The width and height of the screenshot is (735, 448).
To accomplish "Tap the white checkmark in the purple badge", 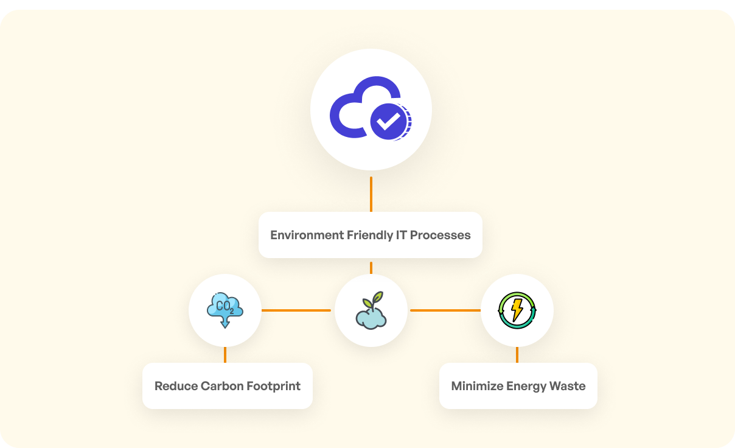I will coord(388,121).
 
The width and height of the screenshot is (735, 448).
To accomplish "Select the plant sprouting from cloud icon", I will coord(371,311).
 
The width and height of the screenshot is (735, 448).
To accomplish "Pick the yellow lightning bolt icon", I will coord(517,310).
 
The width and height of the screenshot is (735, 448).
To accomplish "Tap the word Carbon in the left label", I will coord(218,386).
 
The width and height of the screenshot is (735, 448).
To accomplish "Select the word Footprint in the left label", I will coord(273,386).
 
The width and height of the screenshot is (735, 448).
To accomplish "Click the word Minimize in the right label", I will coord(476,386).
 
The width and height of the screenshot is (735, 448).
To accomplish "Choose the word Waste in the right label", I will coord(570,386).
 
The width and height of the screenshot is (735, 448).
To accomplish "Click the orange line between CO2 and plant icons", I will coord(296,310).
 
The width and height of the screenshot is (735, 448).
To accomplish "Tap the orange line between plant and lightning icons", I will coord(445,310).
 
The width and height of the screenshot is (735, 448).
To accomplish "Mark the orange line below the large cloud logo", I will coord(371,194).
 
